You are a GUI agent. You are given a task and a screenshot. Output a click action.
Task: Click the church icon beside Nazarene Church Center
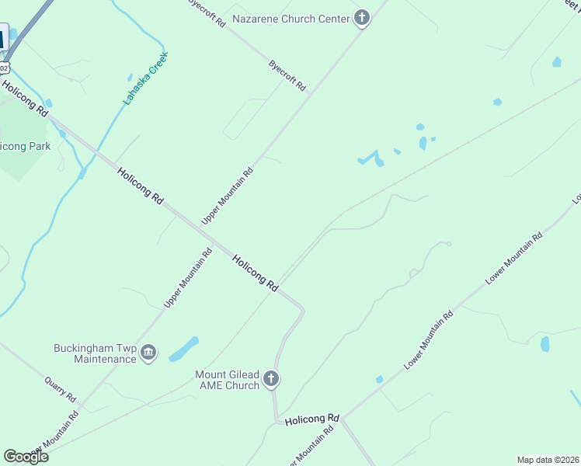(361, 19)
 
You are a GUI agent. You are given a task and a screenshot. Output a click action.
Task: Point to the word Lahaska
(135, 91)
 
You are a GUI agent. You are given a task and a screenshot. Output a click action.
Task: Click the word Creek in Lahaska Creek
(158, 62)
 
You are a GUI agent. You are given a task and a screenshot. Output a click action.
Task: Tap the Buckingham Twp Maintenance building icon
(148, 353)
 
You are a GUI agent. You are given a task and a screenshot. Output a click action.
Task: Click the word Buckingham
(84, 348)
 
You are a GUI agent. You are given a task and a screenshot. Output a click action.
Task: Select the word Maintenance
(105, 359)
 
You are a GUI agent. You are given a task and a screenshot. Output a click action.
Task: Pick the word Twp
(127, 348)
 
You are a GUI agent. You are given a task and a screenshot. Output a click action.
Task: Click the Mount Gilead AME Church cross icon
(270, 379)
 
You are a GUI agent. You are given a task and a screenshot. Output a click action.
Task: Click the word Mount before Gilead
(211, 374)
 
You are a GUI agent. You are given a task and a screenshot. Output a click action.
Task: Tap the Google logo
(26, 457)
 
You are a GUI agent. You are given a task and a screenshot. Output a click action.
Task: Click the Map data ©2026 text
(547, 460)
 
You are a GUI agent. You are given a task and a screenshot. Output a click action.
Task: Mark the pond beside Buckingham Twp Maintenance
(183, 349)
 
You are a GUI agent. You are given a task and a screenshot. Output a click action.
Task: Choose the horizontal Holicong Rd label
(312, 419)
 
